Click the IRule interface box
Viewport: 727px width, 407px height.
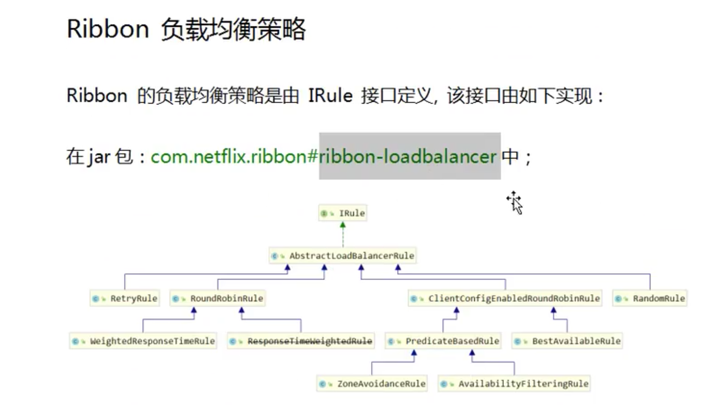coord(343,213)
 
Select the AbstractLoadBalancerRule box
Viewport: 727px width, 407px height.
coord(342,256)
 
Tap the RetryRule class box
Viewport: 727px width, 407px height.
coord(125,298)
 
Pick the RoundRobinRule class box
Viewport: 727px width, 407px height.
coord(217,298)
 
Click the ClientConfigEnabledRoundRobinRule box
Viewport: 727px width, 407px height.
coord(505,298)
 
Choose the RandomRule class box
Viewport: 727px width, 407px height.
coord(650,298)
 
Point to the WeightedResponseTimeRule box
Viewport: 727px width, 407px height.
coord(143,341)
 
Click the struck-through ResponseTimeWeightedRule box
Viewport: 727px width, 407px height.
coord(301,341)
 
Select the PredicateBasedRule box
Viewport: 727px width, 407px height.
coord(443,341)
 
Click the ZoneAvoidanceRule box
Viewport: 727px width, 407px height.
coord(372,383)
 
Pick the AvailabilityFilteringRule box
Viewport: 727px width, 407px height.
coord(514,383)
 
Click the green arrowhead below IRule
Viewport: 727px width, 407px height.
coord(343,225)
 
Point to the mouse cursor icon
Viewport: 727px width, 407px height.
coord(515,203)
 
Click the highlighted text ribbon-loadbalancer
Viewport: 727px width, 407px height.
coord(407,156)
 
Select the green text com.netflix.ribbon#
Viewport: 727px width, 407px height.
coord(234,156)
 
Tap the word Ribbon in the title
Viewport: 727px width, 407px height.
coord(108,29)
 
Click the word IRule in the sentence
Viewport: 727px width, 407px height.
coord(330,95)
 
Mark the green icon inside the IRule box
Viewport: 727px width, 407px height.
coord(324,213)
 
